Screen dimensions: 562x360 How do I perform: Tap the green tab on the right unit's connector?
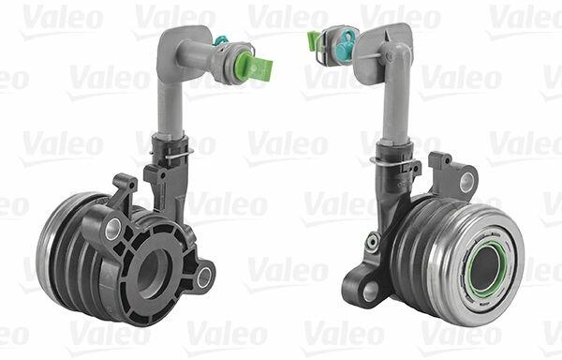click(x=313, y=40)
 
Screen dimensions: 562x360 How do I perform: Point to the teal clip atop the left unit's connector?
click(x=218, y=40)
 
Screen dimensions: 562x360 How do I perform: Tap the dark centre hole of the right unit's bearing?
click(x=485, y=268)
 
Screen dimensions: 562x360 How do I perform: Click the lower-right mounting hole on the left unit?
click(x=204, y=277)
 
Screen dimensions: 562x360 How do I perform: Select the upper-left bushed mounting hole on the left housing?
click(x=113, y=229)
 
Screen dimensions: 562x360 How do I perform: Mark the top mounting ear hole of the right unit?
click(x=466, y=182)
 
